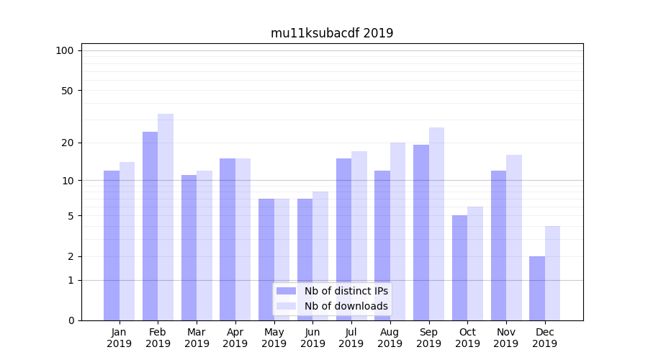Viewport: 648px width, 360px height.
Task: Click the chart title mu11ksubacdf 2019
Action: click(332, 33)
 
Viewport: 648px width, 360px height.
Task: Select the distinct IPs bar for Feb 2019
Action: click(150, 226)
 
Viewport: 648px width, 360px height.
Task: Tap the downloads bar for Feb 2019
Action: click(166, 217)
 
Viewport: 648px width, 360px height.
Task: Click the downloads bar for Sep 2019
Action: click(436, 224)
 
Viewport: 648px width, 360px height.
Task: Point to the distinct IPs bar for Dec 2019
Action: click(537, 288)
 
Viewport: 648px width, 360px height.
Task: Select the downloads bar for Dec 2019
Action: click(553, 273)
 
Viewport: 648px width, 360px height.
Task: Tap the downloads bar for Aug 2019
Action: click(397, 231)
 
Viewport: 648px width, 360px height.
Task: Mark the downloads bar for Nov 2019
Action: click(514, 238)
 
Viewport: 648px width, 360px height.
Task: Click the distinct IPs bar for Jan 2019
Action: click(112, 246)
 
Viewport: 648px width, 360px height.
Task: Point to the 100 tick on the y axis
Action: click(65, 50)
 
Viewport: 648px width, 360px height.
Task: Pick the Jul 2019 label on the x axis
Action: click(351, 338)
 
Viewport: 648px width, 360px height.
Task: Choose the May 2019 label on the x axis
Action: click(274, 338)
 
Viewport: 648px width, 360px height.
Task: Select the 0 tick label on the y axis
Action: click(71, 320)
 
